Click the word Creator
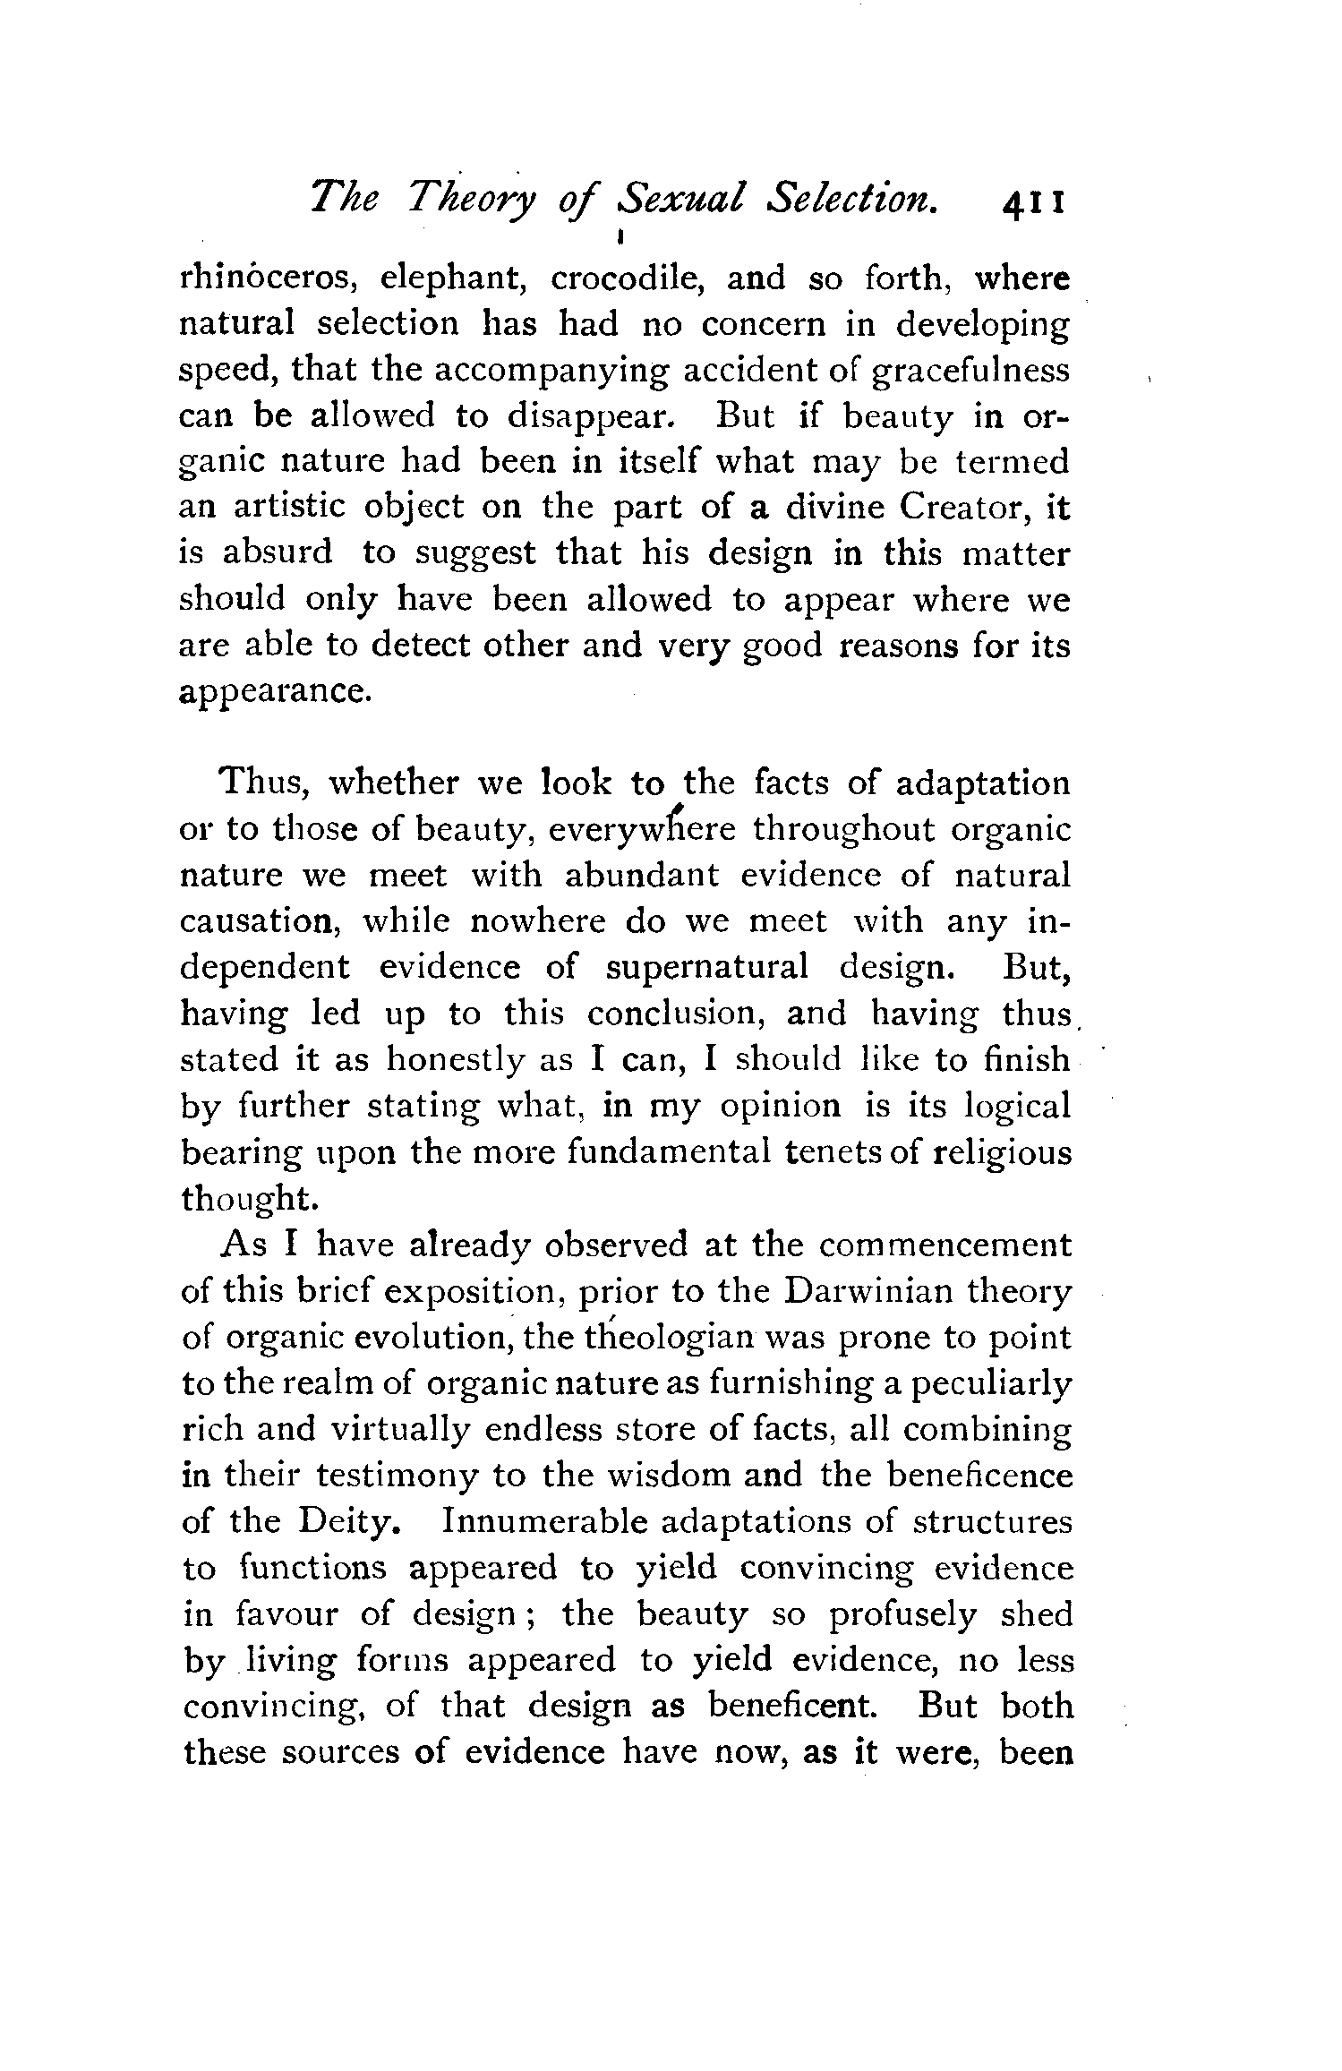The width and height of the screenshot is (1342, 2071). coord(959,508)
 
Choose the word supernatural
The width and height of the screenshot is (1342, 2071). coord(707,967)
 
